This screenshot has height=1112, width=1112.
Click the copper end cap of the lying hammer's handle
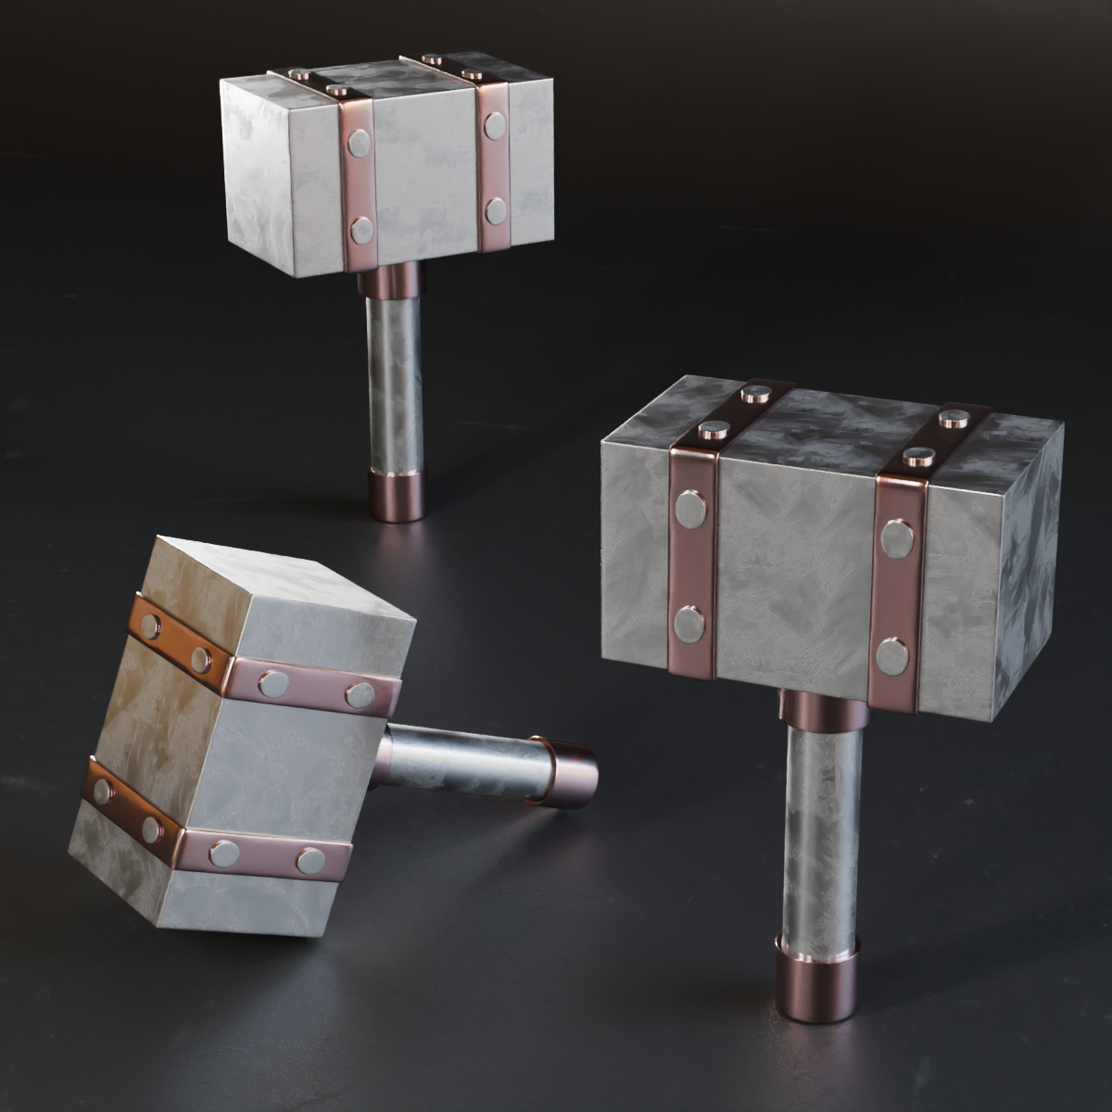(567, 771)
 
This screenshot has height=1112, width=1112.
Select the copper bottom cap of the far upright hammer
(398, 495)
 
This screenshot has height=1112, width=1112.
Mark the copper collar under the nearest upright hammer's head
(820, 709)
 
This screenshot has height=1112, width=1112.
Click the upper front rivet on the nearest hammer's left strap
(690, 509)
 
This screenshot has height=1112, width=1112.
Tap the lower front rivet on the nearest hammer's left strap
(689, 624)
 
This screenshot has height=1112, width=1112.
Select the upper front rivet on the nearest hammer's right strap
(896, 538)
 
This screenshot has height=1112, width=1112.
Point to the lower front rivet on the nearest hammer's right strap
(892, 656)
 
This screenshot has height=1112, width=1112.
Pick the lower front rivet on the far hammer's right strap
(496, 211)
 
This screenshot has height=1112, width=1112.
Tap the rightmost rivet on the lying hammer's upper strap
(360, 694)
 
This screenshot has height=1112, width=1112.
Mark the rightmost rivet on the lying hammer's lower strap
(310, 861)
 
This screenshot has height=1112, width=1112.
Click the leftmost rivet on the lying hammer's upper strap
(149, 626)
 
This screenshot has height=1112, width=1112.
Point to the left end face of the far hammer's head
(255, 176)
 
